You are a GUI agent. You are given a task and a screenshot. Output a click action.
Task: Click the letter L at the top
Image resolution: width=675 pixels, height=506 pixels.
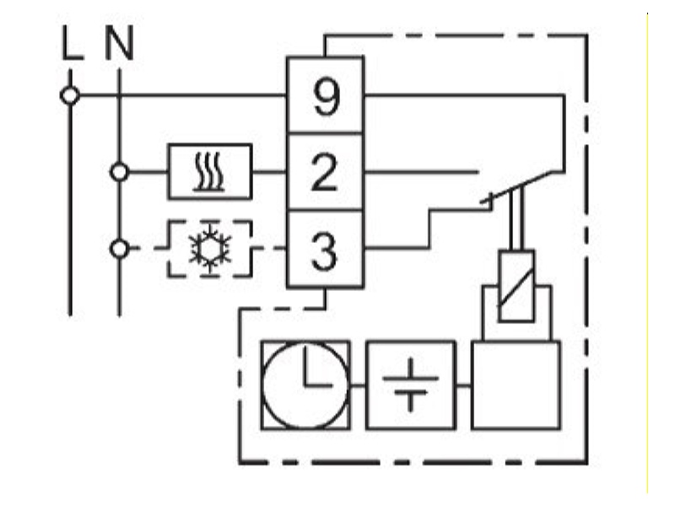(72, 43)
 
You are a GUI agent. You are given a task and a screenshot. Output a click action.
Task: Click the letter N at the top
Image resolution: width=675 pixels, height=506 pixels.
(119, 43)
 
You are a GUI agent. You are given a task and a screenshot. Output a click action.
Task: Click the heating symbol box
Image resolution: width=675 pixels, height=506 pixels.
(209, 172)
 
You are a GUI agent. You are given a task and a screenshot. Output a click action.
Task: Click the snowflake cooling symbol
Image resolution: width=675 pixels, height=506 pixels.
(209, 249)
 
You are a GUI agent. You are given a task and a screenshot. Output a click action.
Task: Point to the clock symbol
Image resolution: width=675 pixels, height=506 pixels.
(305, 385)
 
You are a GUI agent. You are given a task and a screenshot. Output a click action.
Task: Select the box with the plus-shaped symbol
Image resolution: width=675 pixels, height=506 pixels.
(411, 385)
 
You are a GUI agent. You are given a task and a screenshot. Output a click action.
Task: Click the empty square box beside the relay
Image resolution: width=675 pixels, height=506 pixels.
(516, 385)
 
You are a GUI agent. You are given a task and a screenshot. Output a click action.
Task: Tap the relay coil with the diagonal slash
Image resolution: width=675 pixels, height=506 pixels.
(516, 286)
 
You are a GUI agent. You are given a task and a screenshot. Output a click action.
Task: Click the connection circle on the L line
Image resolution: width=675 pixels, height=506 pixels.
(70, 95)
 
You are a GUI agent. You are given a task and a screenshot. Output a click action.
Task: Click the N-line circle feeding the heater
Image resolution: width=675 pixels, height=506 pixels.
(119, 172)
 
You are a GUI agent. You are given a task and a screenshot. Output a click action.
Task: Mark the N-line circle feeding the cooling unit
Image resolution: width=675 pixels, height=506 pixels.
(119, 249)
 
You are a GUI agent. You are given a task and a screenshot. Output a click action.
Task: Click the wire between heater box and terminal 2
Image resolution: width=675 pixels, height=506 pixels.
(269, 172)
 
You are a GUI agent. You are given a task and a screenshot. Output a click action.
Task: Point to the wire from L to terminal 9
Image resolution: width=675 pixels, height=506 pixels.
(183, 95)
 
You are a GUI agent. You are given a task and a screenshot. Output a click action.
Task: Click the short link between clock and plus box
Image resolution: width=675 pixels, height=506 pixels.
(358, 385)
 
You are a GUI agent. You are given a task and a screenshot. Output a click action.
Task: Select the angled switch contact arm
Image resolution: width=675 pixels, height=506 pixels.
(516, 186)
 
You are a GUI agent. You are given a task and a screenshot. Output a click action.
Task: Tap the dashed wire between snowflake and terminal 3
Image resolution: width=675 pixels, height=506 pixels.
(269, 248)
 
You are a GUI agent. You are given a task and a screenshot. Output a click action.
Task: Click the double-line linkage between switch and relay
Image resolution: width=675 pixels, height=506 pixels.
(516, 220)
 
